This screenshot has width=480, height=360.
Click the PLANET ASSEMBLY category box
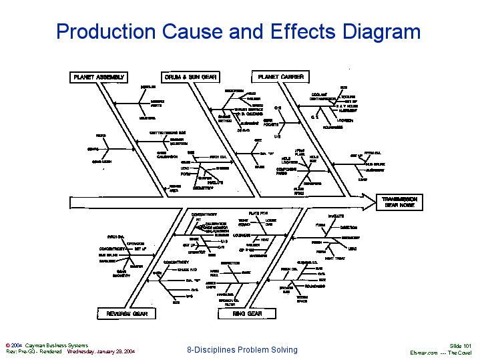(98, 77)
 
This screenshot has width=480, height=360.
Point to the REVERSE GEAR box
(127, 313)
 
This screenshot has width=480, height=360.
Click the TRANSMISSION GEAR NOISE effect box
(399, 202)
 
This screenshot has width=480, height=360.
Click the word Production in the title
(106, 31)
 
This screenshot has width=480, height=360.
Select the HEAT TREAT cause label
(334, 258)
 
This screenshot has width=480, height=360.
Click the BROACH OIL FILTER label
(229, 302)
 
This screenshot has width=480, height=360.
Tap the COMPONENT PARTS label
(286, 171)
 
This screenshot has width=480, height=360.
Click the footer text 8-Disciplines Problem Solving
(242, 350)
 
